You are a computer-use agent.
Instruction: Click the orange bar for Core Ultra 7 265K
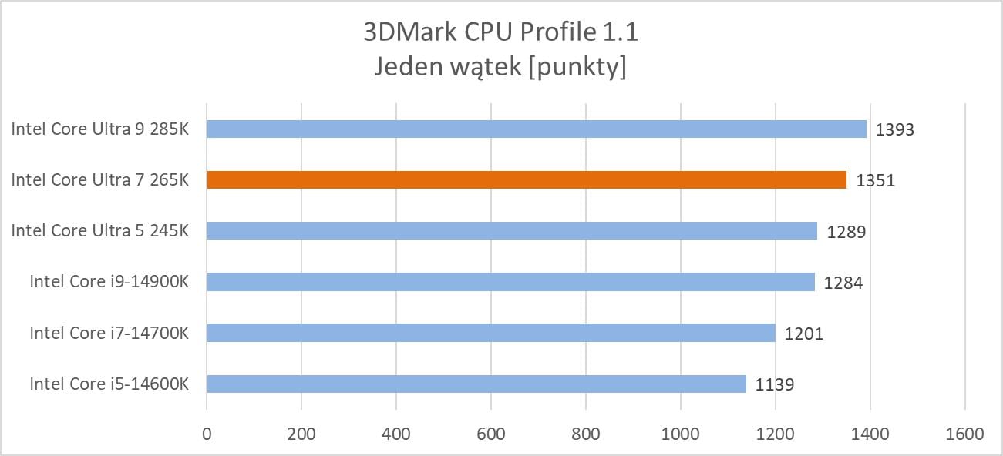click(527, 179)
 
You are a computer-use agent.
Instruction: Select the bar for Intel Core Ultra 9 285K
click(537, 129)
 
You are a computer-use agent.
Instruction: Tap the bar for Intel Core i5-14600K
click(476, 384)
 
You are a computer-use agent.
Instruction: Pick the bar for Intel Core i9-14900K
click(510, 282)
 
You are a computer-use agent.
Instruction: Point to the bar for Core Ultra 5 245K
click(512, 230)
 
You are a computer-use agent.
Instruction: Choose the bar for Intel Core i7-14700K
click(491, 333)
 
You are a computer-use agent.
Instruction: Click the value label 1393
click(894, 129)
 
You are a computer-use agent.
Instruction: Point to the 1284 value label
click(843, 283)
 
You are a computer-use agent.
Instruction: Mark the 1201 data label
click(804, 334)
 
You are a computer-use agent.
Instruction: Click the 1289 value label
click(846, 231)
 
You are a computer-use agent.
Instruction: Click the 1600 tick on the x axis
click(964, 434)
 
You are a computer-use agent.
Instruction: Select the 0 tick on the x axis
click(207, 434)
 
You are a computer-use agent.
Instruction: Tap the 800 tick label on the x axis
click(585, 434)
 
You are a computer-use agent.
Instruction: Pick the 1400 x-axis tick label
click(870, 434)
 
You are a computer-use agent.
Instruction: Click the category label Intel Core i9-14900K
click(109, 282)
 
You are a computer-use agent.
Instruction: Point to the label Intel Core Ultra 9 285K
click(99, 129)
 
